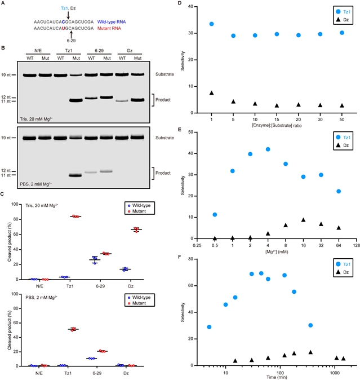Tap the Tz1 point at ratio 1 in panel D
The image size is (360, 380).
(x=211, y=24)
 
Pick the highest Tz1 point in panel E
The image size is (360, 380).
(x=268, y=149)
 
